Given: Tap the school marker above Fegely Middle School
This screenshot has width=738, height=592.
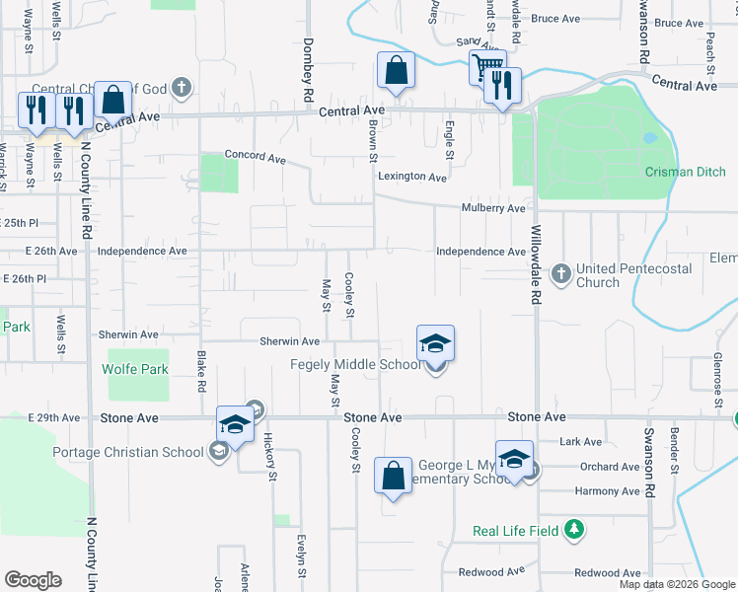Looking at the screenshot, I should pyautogui.click(x=435, y=344).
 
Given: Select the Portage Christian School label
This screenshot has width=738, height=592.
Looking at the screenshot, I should pyautogui.click(x=129, y=453).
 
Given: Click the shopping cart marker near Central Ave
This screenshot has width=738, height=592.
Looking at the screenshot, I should pyautogui.click(x=486, y=68).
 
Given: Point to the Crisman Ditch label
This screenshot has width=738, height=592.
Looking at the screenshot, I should pyautogui.click(x=685, y=172).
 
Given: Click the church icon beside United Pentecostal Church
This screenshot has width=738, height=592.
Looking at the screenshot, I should pyautogui.click(x=560, y=272).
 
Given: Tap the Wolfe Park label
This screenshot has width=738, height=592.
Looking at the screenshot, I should pyautogui.click(x=135, y=370).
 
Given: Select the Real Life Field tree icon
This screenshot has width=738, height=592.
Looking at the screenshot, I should pyautogui.click(x=574, y=530).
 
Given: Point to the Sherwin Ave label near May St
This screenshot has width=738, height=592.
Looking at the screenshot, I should pyautogui.click(x=289, y=341).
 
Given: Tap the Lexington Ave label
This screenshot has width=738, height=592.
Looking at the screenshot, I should pyautogui.click(x=411, y=177).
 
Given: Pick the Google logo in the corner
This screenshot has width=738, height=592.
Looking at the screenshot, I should pyautogui.click(x=33, y=580).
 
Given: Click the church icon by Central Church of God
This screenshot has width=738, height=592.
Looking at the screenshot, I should pyautogui.click(x=180, y=88).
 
